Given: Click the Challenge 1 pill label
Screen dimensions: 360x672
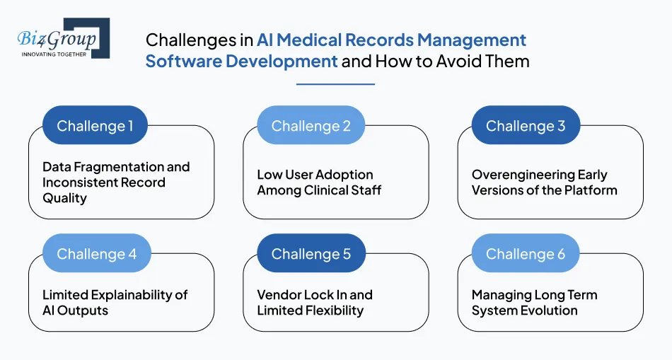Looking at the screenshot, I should click(95, 126).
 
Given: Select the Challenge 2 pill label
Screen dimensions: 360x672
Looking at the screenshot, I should click(311, 126).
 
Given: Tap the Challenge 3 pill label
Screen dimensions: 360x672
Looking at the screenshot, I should click(526, 126).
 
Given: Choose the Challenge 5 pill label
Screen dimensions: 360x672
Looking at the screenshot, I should click(311, 254).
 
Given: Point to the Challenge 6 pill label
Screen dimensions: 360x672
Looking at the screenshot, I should click(526, 254).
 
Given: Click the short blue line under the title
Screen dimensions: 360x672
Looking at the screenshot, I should click(335, 84).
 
